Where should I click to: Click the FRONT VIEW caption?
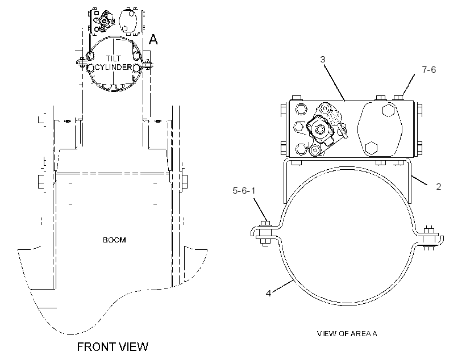pos(113,346)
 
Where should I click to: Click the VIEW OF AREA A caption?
pos(347,333)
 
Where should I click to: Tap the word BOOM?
pos(114,240)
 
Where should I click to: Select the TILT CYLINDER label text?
pos(113,62)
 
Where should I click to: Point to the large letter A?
pos(153,39)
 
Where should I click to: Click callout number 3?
pos(323,60)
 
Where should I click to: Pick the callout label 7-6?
pos(429,69)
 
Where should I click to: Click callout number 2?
pos(438,187)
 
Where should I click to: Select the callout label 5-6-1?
pos(244,190)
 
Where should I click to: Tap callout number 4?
pos(268,293)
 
